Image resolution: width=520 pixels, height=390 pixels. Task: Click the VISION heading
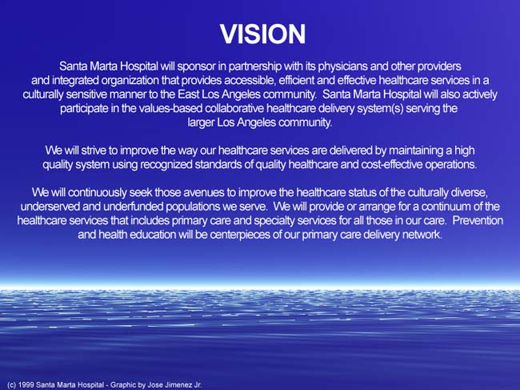click(x=262, y=34)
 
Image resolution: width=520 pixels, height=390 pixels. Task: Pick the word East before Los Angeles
click(x=188, y=94)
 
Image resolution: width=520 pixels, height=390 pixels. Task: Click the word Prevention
click(x=478, y=220)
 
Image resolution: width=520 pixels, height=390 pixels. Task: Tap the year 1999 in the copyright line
click(x=25, y=384)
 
